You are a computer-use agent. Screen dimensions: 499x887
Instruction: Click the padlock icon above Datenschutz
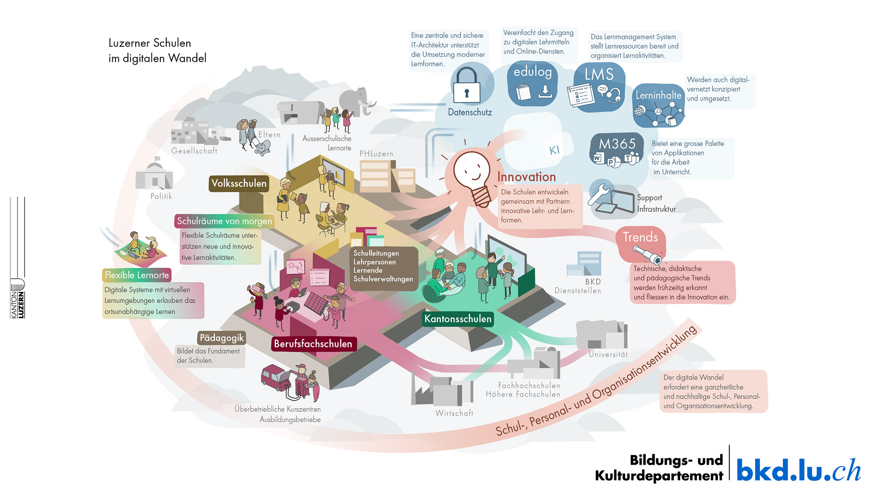[467, 86]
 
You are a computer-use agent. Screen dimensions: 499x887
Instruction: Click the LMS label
[599, 74]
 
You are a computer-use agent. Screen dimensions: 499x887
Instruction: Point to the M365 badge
[617, 145]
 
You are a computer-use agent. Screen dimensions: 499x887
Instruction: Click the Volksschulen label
[239, 183]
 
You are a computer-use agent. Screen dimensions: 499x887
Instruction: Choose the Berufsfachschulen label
[313, 344]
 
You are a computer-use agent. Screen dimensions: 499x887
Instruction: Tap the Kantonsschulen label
[458, 319]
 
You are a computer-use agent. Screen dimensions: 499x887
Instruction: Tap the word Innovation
[526, 177]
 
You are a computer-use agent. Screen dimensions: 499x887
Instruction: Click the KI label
[554, 150]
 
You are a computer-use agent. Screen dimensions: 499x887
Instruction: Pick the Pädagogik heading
[221, 338]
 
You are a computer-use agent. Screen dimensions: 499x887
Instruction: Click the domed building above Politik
[154, 175]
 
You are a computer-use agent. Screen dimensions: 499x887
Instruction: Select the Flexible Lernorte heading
[137, 275]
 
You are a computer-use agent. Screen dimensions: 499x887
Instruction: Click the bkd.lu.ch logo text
[798, 470]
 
